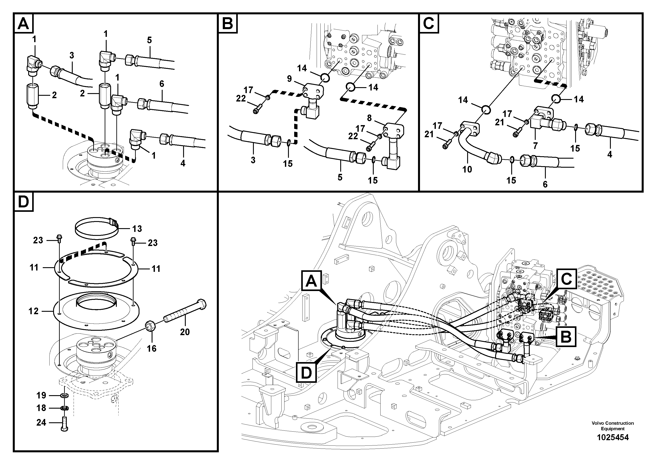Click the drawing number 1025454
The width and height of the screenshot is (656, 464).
click(x=613, y=437)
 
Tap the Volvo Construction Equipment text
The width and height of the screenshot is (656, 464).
click(x=613, y=426)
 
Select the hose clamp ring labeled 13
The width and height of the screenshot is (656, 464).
click(x=97, y=230)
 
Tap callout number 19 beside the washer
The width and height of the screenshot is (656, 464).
click(x=41, y=395)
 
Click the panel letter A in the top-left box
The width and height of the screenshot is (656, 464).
click(x=23, y=23)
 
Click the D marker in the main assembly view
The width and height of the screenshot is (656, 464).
click(x=306, y=372)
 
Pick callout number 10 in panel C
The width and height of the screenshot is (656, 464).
click(x=467, y=169)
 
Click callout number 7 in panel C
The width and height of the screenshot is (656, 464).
click(x=535, y=146)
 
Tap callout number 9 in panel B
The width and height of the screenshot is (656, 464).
click(x=289, y=79)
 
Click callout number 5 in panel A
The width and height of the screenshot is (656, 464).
click(x=149, y=40)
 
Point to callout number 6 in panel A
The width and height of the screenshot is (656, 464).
click(x=162, y=84)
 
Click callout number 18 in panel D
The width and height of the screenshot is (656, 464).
click(x=41, y=408)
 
